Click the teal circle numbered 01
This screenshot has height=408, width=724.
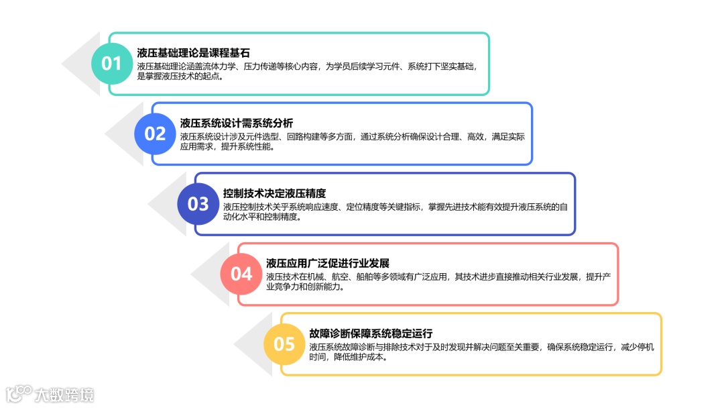(x=112, y=64)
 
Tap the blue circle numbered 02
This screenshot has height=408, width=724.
(x=155, y=134)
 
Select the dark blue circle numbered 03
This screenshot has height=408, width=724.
(x=198, y=204)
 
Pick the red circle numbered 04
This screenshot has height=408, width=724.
(x=241, y=274)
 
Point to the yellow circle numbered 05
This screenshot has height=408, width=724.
(x=284, y=344)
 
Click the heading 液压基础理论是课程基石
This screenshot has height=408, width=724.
(x=194, y=53)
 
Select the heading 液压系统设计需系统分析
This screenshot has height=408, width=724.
(x=237, y=123)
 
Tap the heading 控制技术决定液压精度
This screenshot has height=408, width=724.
(x=274, y=193)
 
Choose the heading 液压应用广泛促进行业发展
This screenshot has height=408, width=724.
(x=328, y=263)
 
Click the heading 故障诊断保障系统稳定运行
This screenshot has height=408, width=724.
(x=371, y=334)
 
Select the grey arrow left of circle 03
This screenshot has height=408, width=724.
(x=162, y=204)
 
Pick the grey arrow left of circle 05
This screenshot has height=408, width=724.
(x=248, y=344)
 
